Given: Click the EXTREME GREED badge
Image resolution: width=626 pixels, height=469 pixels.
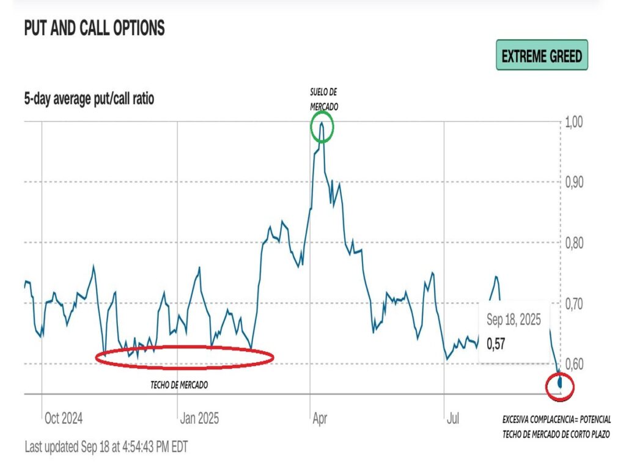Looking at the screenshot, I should click(x=542, y=56).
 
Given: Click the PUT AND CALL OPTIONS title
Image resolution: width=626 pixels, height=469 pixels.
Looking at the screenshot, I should click(x=94, y=28).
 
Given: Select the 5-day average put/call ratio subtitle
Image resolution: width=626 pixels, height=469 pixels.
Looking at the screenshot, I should click(x=89, y=99).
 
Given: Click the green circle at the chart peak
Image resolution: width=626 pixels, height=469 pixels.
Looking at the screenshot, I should click(x=322, y=128).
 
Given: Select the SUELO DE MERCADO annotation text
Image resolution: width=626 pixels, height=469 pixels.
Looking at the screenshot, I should click(x=323, y=99).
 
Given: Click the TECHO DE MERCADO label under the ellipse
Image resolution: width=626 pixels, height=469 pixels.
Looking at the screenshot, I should click(x=179, y=385).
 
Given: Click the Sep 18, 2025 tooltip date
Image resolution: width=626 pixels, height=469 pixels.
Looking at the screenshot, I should click(x=514, y=320).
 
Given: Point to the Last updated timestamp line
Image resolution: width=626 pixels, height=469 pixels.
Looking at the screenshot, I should click(x=106, y=446).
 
